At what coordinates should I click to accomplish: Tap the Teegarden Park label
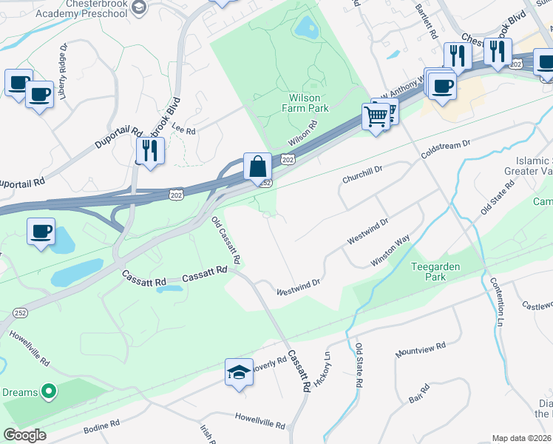[430, 271]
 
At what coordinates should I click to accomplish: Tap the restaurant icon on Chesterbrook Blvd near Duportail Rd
[150, 151]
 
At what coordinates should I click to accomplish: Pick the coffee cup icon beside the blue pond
[41, 232]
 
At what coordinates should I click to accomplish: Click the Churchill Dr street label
[362, 175]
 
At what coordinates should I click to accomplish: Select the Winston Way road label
[390, 251]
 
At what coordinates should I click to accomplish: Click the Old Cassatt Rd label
[226, 241]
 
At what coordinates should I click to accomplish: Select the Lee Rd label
[183, 130]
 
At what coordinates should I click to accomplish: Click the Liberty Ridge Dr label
[64, 71]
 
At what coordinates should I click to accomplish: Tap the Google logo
[25, 435]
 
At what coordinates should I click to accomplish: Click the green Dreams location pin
[49, 390]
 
